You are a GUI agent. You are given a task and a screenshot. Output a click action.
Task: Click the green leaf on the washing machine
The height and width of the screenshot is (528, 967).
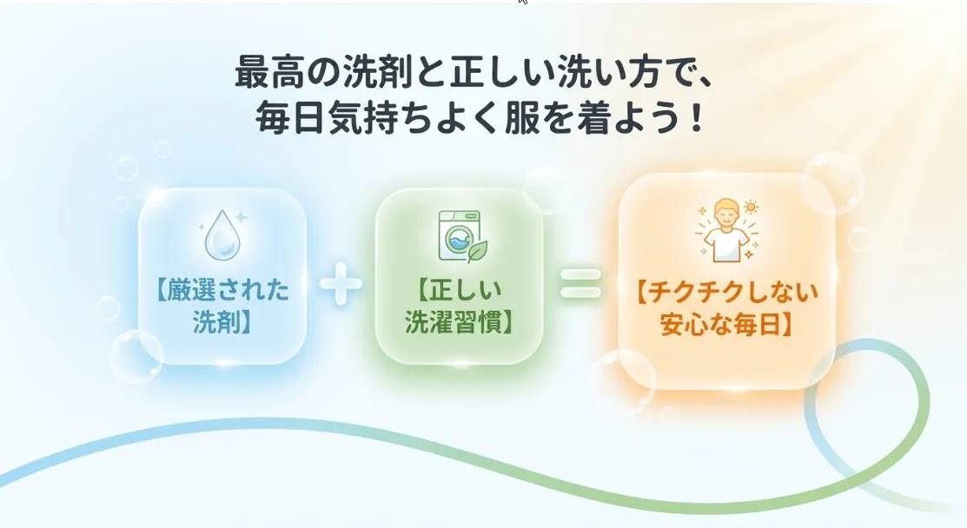point(477,251)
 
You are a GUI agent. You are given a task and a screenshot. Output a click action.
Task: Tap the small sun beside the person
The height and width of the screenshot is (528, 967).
point(751,208)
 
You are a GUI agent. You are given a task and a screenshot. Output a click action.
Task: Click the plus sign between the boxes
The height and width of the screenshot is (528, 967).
point(341,283)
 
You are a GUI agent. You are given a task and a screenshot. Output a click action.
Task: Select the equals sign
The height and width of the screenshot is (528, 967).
point(580,283)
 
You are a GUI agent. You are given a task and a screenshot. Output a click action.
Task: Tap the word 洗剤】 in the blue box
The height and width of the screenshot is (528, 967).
point(222,321)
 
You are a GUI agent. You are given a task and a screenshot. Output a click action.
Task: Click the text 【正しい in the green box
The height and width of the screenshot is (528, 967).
point(459,289)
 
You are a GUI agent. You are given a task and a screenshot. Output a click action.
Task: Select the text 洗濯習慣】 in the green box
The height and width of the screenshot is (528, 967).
point(460,321)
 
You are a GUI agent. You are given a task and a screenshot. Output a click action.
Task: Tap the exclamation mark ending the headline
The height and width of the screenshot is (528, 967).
point(698,118)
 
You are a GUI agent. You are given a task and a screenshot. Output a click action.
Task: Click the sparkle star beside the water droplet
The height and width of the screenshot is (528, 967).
point(241,217)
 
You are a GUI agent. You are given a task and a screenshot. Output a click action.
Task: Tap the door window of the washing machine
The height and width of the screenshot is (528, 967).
point(458,240)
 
